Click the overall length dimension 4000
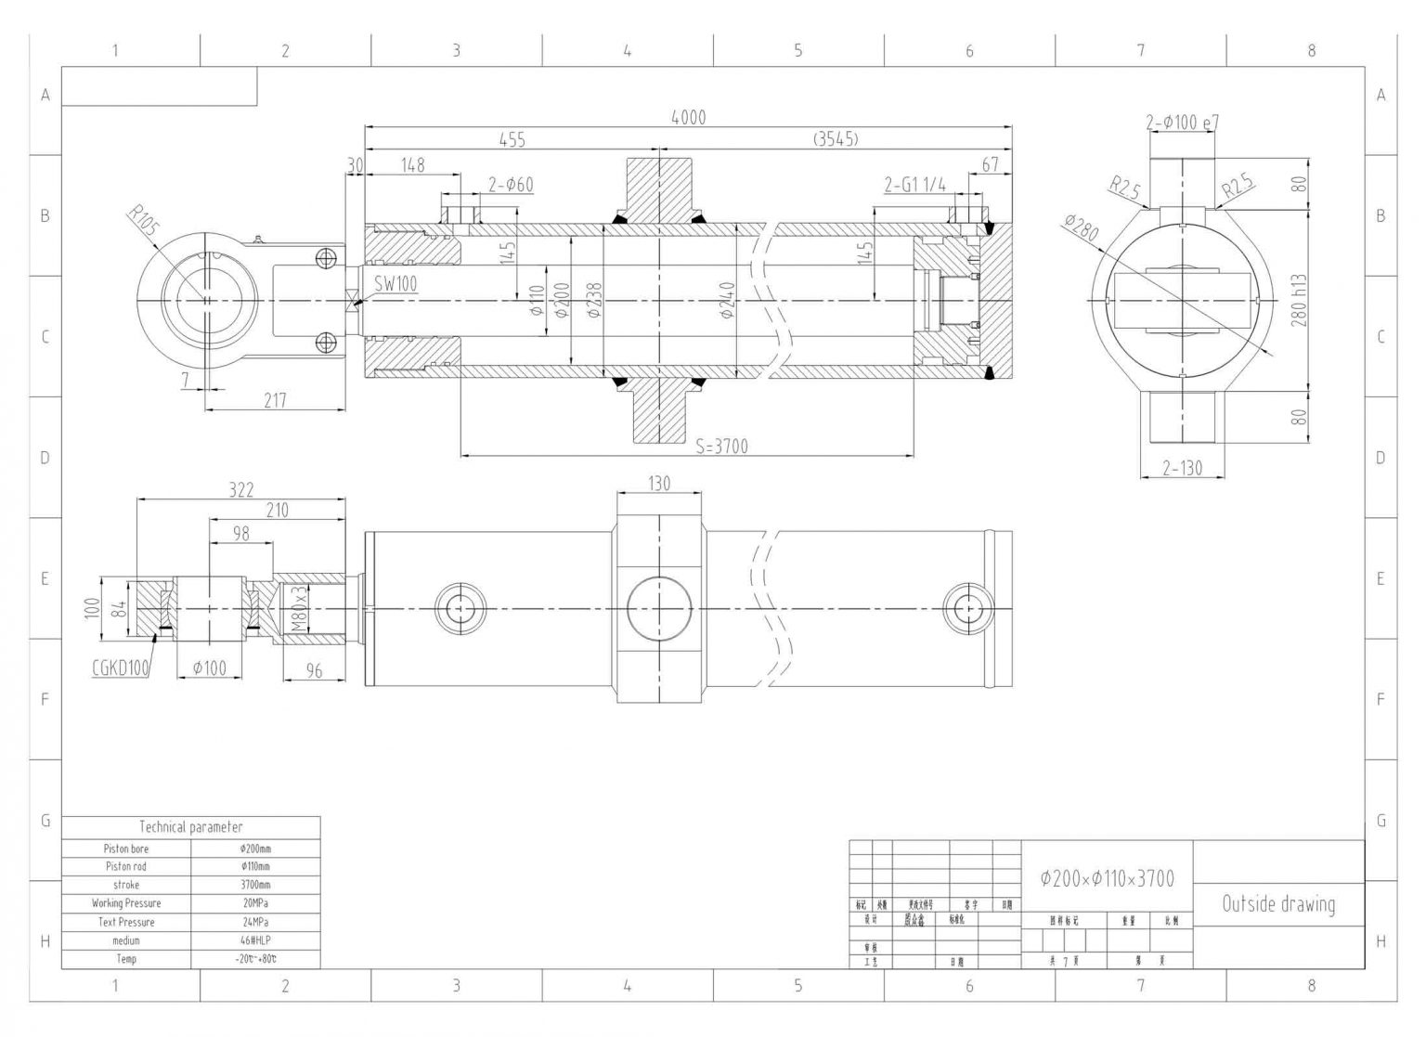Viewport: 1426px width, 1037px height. click(688, 117)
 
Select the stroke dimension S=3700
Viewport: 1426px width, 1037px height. click(721, 447)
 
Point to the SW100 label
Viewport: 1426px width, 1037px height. click(395, 284)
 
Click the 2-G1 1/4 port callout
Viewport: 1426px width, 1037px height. click(914, 185)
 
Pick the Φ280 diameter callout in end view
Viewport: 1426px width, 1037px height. click(1082, 227)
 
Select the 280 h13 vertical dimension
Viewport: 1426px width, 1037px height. click(1299, 300)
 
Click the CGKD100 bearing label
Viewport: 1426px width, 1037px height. click(121, 668)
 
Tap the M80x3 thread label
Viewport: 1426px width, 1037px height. click(298, 608)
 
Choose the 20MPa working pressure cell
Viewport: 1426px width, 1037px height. click(255, 903)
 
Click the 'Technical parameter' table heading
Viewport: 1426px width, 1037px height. click(191, 826)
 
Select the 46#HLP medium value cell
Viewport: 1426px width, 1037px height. click(255, 940)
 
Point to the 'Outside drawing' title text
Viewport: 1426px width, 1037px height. click(1278, 904)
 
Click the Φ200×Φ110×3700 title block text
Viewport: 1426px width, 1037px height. click(1107, 878)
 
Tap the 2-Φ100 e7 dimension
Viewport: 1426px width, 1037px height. click(1182, 122)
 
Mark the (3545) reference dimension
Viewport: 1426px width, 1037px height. click(836, 139)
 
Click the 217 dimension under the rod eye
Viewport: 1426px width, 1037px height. click(275, 400)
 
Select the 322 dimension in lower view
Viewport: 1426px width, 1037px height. click(240, 489)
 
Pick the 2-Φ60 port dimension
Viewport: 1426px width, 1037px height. click(511, 185)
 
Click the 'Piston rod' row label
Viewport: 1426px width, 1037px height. click(126, 866)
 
